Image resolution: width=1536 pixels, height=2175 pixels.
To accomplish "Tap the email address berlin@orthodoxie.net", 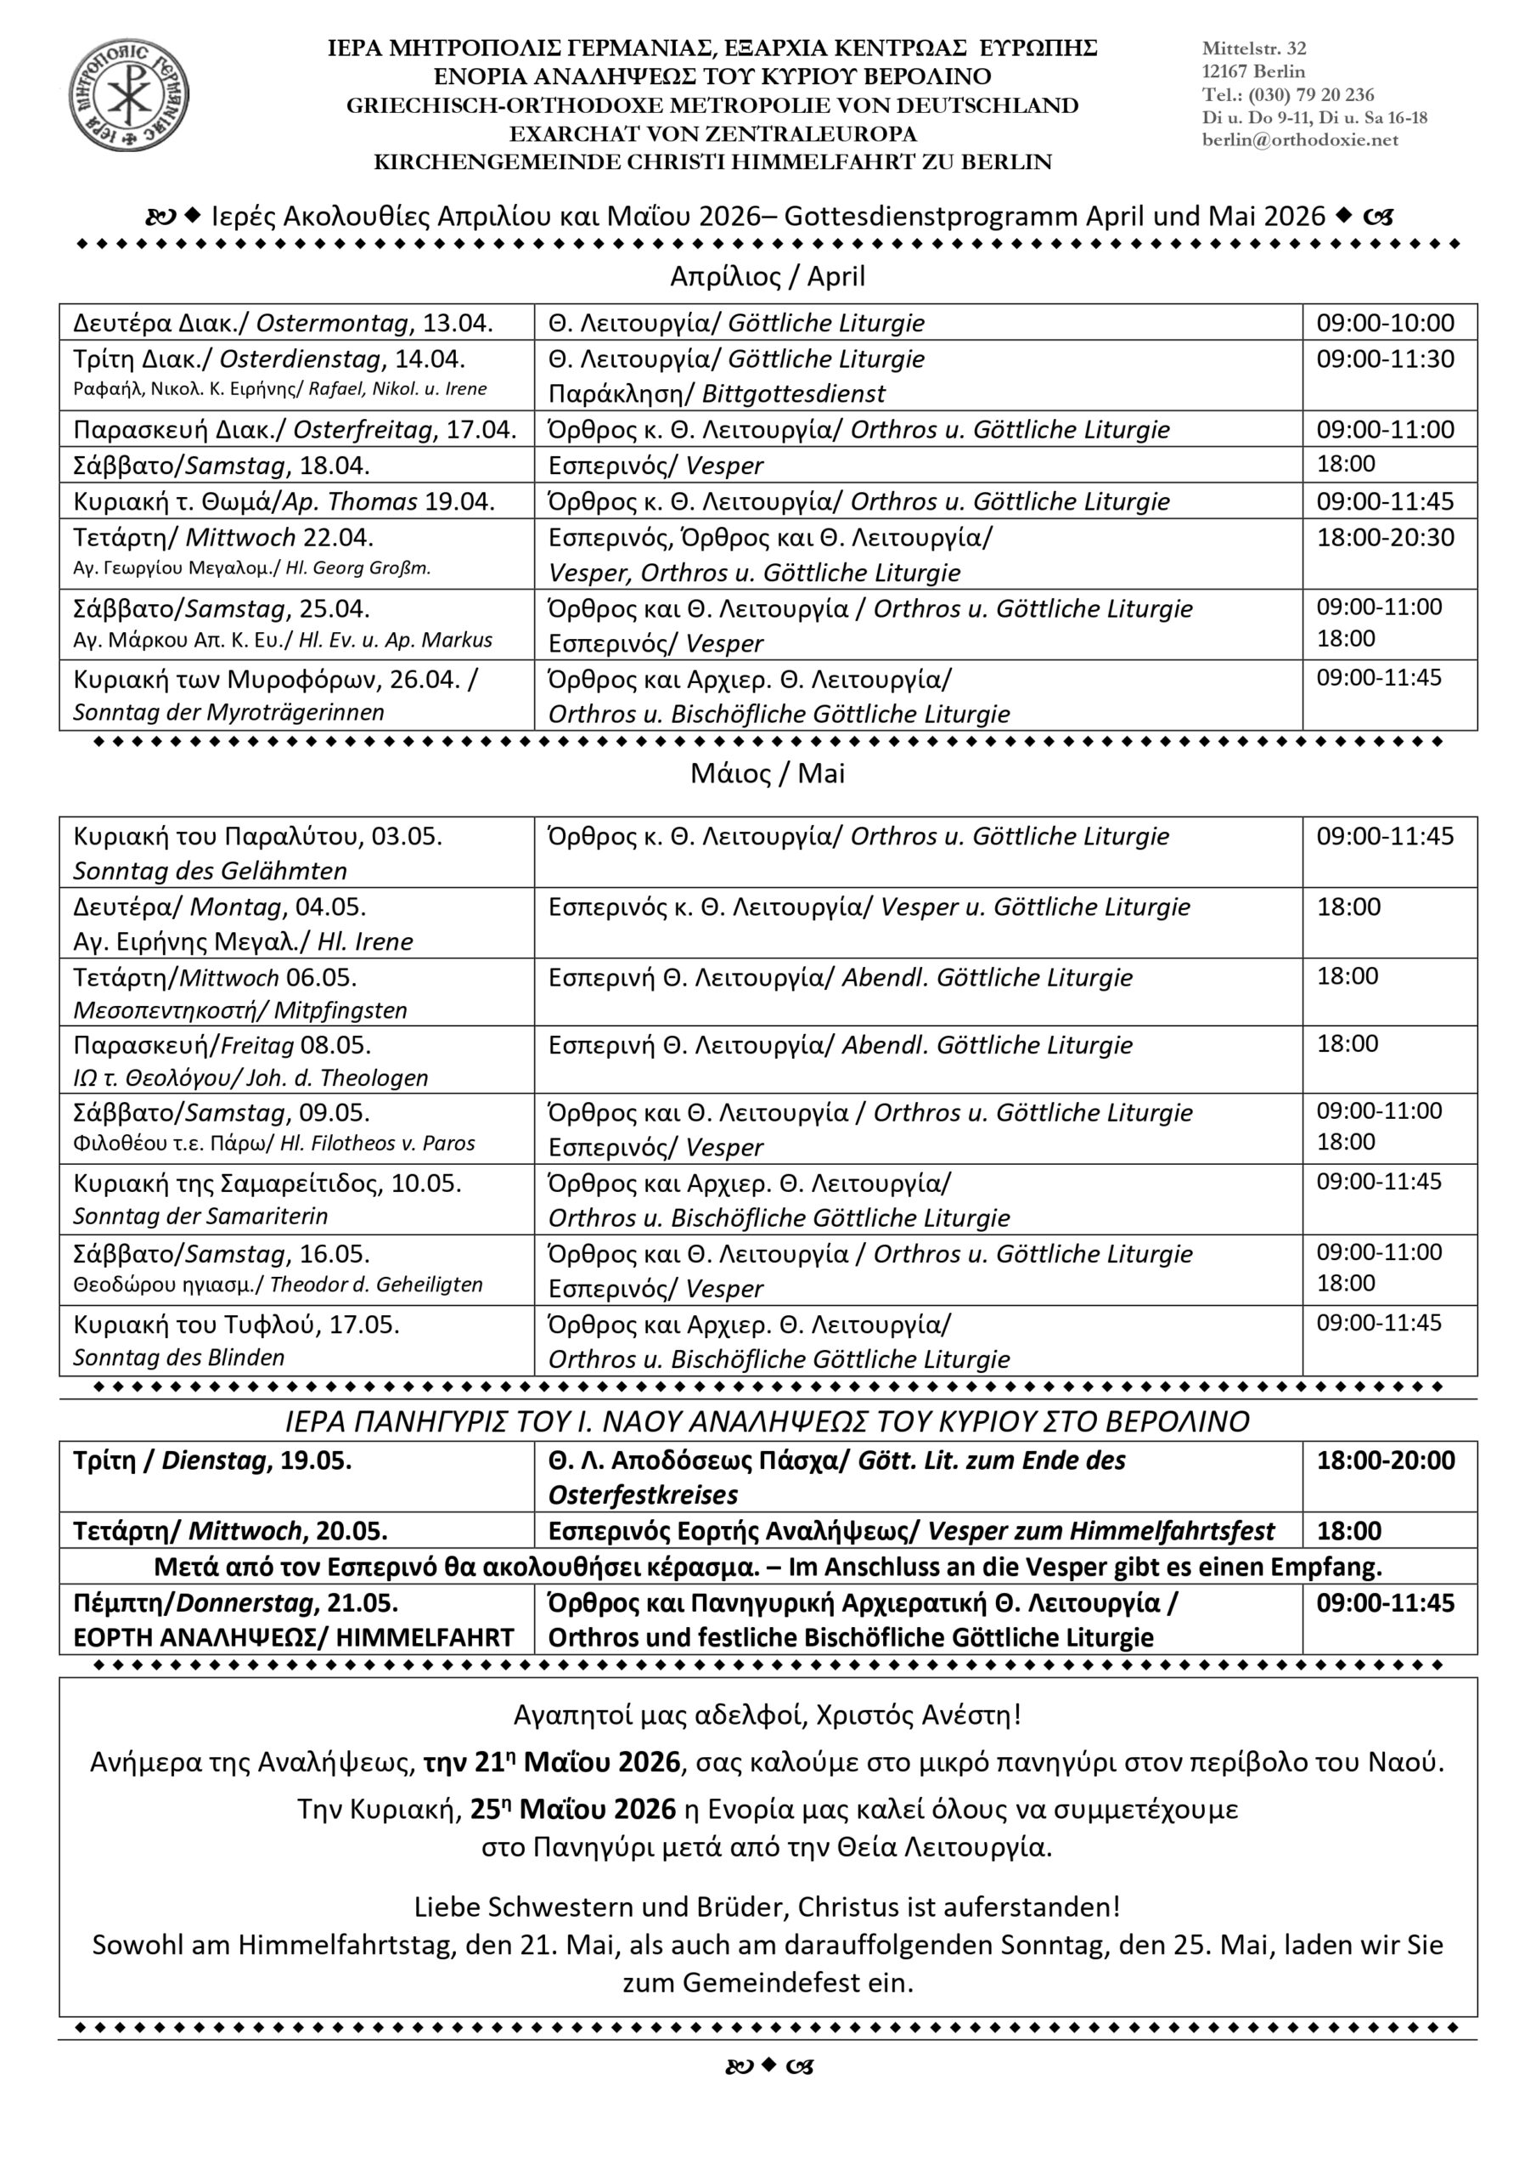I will pyautogui.click(x=1299, y=140).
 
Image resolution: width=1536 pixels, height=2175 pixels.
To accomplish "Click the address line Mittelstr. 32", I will pyautogui.click(x=1254, y=48).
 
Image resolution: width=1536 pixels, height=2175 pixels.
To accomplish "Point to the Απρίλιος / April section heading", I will pyautogui.click(x=767, y=277).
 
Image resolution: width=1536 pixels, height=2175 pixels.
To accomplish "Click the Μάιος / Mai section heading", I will pyautogui.click(x=767, y=774).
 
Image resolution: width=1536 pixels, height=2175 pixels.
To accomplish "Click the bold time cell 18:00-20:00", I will pyautogui.click(x=1386, y=1460).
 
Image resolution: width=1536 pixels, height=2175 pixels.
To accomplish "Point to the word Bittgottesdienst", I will pyautogui.click(x=794, y=394).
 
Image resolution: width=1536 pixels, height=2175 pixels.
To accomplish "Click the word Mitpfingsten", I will pyautogui.click(x=340, y=1011).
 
